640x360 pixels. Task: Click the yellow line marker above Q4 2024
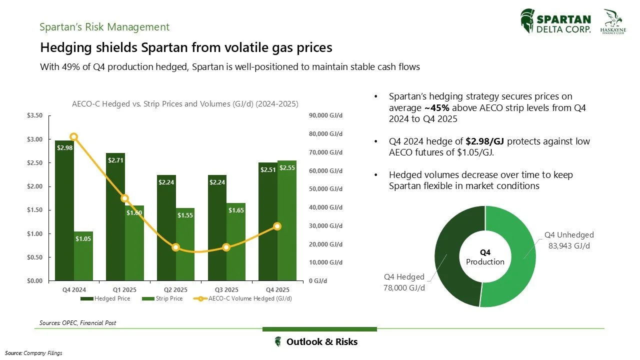pos(74,137)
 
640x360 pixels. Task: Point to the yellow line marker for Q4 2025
pos(277,226)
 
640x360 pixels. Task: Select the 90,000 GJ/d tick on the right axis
pos(325,115)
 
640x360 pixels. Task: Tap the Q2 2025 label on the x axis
pos(175,290)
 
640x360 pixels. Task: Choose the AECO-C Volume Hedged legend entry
pos(244,298)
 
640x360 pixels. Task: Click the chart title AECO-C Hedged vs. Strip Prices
pos(185,104)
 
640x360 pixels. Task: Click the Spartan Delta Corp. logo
pos(556,22)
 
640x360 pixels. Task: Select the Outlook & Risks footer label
pos(321,342)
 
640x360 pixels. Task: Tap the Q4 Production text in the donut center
pos(485,257)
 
